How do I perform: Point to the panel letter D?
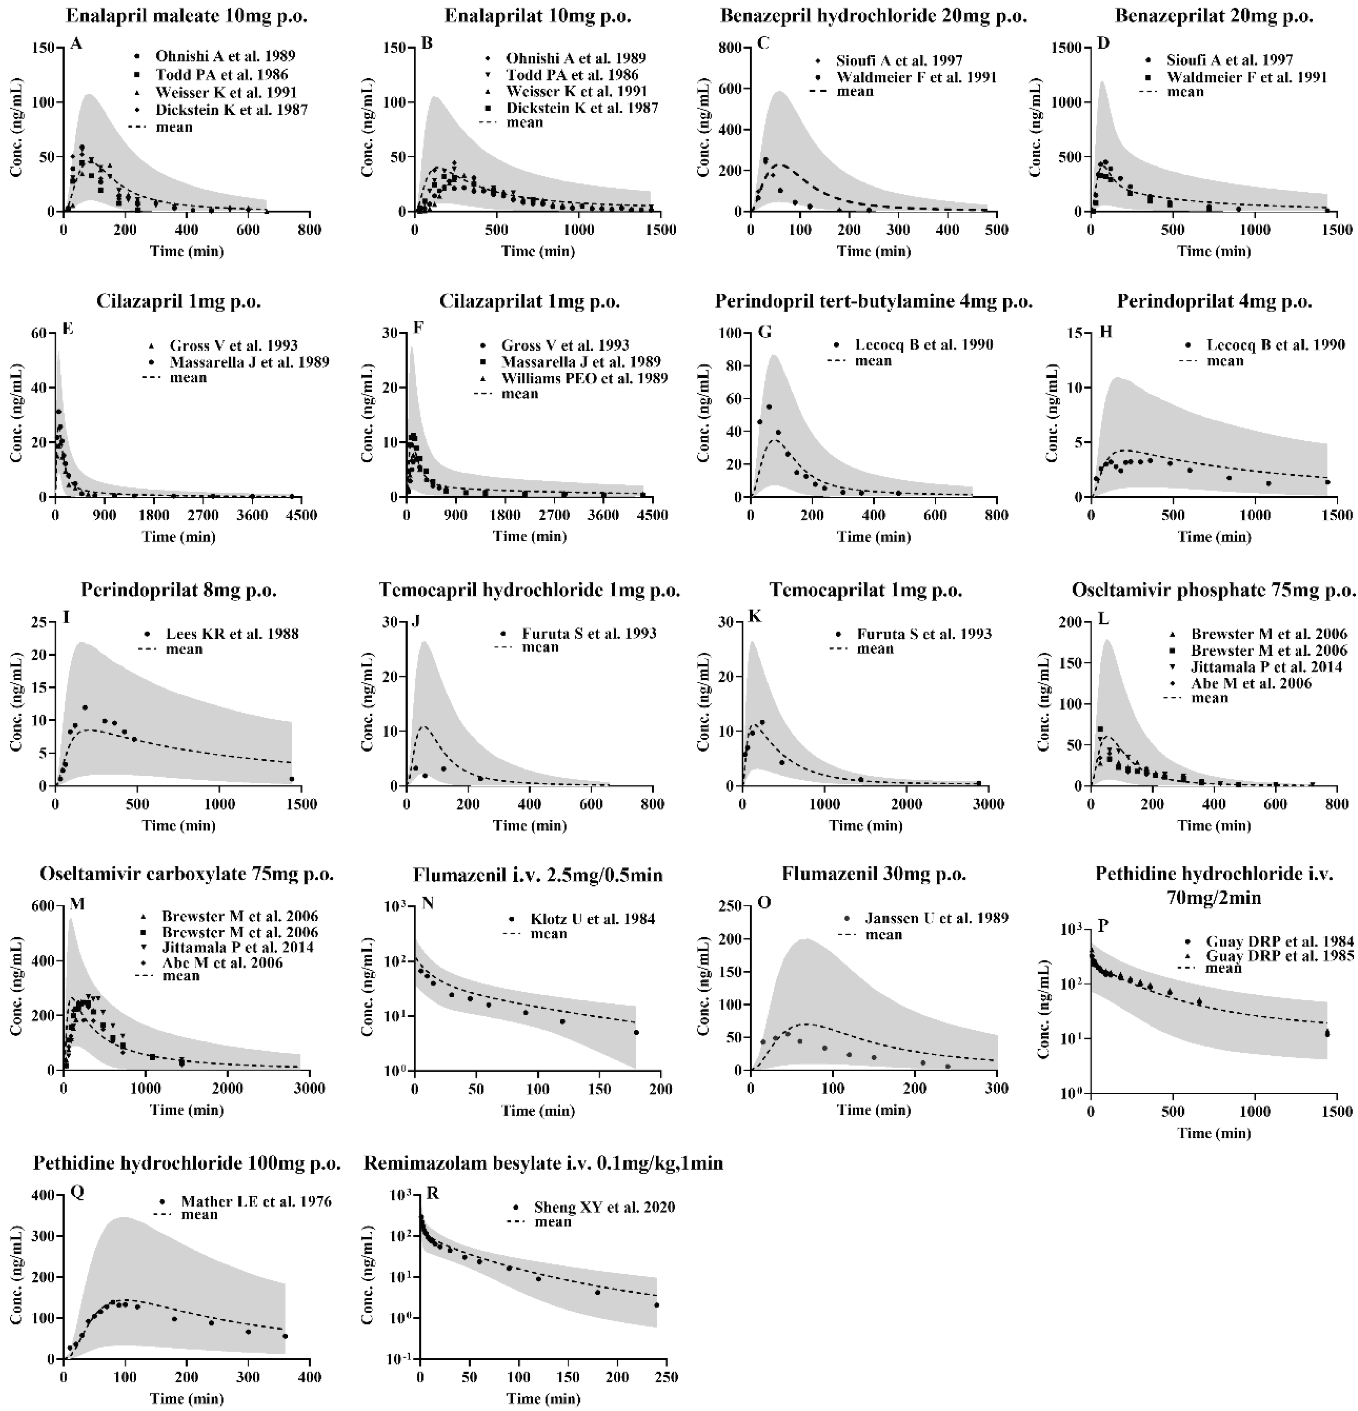tap(1102, 43)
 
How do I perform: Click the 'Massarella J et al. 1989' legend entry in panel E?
tap(249, 362)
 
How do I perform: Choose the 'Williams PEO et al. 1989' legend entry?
tap(584, 378)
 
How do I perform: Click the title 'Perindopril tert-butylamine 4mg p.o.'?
tap(874, 302)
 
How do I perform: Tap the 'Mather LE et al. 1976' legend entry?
tap(256, 1202)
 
